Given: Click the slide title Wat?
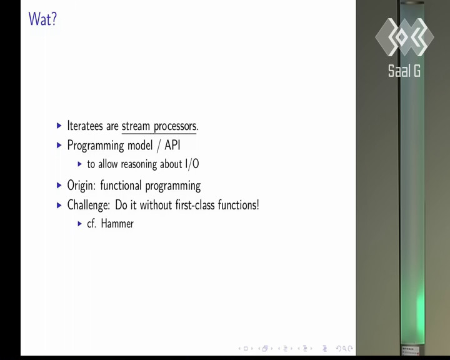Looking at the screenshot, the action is pyautogui.click(x=42, y=19).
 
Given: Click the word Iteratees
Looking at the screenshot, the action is pyautogui.click(x=84, y=126).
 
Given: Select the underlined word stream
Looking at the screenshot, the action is pyautogui.click(x=136, y=126).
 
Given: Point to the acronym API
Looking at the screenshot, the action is pyautogui.click(x=172, y=145).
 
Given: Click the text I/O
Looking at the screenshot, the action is pyautogui.click(x=192, y=164).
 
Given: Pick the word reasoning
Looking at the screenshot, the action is pyautogui.click(x=139, y=164).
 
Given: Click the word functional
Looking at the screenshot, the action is pyautogui.click(x=121, y=185).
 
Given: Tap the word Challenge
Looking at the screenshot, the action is pyautogui.click(x=88, y=205).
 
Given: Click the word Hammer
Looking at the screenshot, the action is pyautogui.click(x=117, y=224).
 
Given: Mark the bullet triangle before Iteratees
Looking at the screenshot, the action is pyautogui.click(x=59, y=126).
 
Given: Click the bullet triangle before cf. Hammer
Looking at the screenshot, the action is pyautogui.click(x=80, y=224).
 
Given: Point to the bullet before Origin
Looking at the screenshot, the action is pyautogui.click(x=59, y=186).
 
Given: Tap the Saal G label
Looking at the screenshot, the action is pyautogui.click(x=404, y=71).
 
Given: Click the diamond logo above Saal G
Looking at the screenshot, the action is pyautogui.click(x=404, y=37).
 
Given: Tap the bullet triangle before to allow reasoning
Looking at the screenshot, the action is pyautogui.click(x=80, y=164).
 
